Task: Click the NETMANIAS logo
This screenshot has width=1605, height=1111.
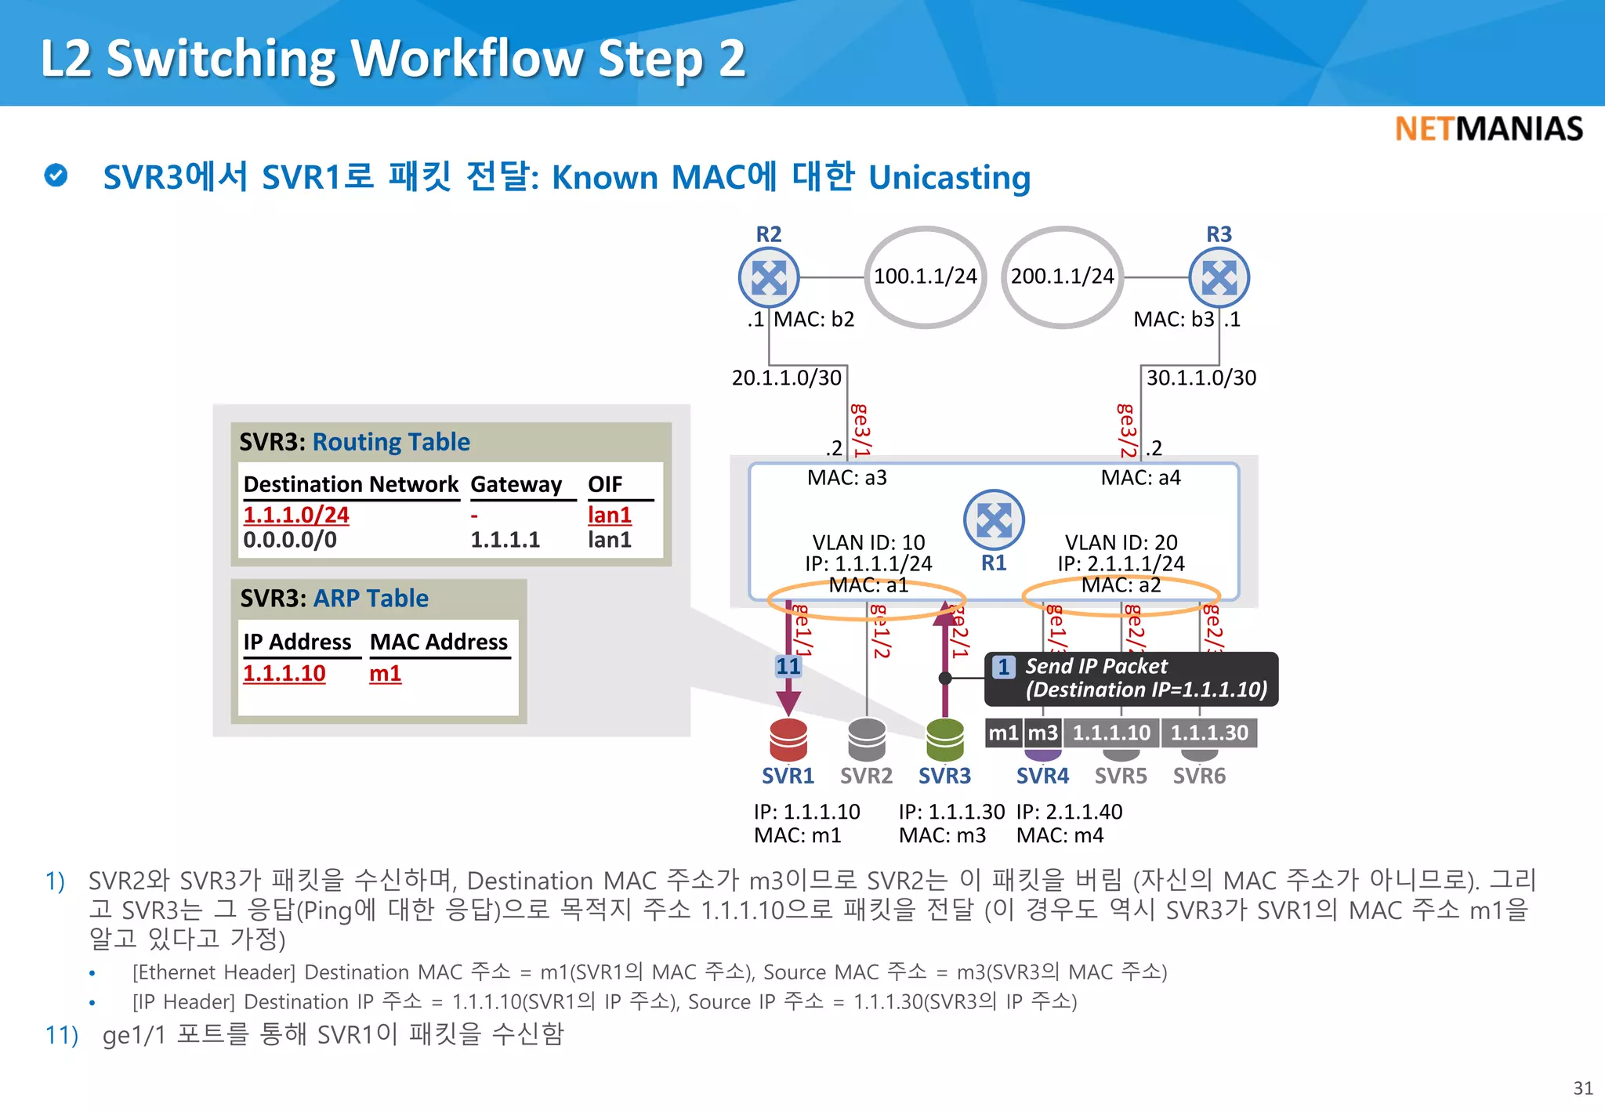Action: (x=1488, y=129)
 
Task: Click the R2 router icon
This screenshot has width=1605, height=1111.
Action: (x=769, y=277)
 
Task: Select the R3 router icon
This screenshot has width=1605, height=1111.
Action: (x=1219, y=277)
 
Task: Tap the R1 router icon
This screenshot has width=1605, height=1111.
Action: (x=994, y=519)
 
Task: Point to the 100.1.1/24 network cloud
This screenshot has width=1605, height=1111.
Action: (x=926, y=277)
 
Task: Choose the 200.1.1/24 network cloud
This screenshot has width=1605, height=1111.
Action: (x=1062, y=277)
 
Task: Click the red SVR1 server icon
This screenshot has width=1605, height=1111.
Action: (x=788, y=739)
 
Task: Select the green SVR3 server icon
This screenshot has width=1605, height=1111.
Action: (x=945, y=739)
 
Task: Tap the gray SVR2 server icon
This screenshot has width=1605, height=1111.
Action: (x=867, y=739)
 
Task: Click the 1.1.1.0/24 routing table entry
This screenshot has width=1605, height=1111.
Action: (x=296, y=515)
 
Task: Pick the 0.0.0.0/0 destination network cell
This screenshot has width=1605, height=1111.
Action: (x=290, y=540)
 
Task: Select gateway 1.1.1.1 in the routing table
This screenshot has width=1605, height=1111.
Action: (x=505, y=540)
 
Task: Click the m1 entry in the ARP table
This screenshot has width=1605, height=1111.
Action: (x=385, y=674)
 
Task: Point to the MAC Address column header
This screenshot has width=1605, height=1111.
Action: (x=439, y=642)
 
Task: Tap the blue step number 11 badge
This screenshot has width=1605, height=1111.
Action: (x=788, y=667)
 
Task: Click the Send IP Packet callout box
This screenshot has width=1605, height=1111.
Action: (x=1132, y=679)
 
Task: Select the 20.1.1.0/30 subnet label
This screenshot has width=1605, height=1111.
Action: (x=786, y=378)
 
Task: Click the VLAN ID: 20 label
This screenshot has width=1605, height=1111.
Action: (x=1121, y=542)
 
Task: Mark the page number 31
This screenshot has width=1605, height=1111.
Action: (x=1582, y=1088)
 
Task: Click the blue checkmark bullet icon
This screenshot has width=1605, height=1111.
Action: (x=56, y=176)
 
